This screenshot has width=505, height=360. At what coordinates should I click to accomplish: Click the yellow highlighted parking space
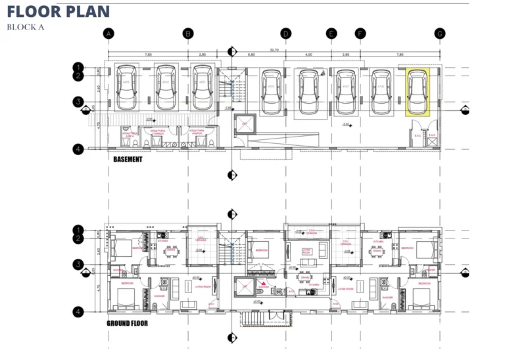[x=418, y=93]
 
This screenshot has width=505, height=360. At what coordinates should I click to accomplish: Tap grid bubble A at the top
[x=109, y=34]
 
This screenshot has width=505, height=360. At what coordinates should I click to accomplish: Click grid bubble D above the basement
[x=285, y=34]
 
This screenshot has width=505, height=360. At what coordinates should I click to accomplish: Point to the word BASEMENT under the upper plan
[x=128, y=159]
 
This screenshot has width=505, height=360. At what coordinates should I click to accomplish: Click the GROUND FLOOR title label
[x=127, y=323]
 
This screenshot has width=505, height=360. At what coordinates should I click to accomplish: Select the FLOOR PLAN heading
[x=59, y=11]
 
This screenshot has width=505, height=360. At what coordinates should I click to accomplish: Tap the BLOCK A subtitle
[x=25, y=27]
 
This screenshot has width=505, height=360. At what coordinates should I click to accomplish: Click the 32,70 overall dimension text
[x=274, y=50]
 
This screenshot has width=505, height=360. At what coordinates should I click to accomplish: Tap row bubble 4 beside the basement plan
[x=78, y=149]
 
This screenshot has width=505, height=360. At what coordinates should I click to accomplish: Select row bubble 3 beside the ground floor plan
[x=78, y=264]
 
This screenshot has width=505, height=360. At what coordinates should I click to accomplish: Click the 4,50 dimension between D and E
[x=308, y=55]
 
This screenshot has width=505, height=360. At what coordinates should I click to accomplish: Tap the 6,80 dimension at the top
[x=251, y=55]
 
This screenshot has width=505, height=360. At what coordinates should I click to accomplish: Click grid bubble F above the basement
[x=360, y=34]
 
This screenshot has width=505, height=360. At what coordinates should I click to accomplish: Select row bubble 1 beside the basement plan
[x=78, y=67]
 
